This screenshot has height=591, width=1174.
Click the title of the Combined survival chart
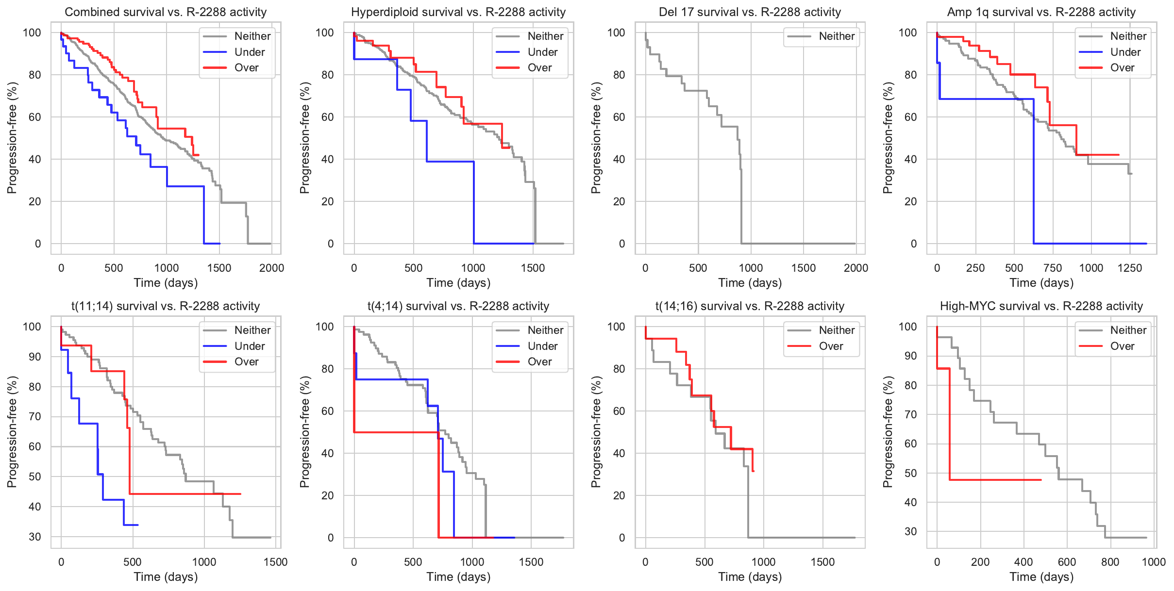click(166, 12)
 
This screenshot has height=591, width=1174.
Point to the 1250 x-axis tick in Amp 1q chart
click(1130, 268)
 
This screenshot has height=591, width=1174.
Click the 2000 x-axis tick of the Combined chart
click(271, 268)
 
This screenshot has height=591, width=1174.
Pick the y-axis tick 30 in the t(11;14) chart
click(35, 537)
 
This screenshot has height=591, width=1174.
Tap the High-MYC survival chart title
click(1041, 306)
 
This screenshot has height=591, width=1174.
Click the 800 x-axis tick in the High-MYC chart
click(1110, 562)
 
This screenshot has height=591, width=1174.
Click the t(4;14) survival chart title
click(458, 306)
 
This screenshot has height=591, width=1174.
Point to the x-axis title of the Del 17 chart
click(750, 283)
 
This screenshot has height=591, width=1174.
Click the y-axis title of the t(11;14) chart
click(12, 432)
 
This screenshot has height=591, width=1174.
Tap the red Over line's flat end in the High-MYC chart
click(1040, 480)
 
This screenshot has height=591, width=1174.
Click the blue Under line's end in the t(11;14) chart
click(137, 525)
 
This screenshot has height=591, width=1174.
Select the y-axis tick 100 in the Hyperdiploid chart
click(325, 33)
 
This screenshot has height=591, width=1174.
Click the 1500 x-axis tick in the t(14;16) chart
click(823, 562)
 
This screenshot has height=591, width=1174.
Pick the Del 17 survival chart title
click(750, 12)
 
